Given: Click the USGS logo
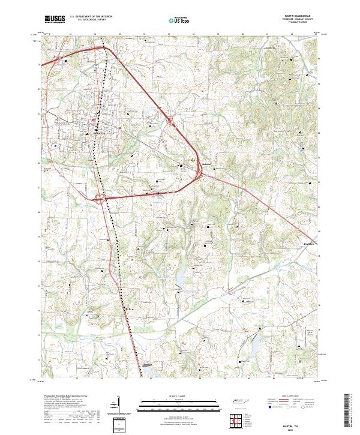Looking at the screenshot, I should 53,19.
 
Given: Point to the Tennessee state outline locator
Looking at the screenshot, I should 238,403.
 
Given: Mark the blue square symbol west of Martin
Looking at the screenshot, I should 55,145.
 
